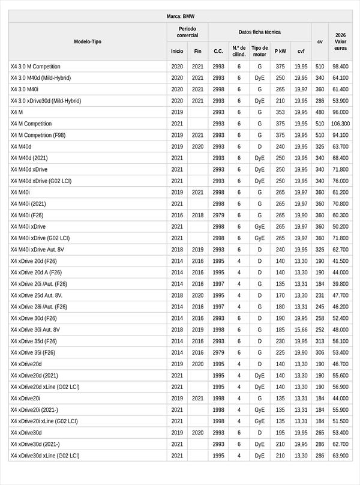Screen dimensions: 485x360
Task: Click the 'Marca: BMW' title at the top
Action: tap(180, 17)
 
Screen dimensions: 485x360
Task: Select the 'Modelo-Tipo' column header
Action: tap(88, 41)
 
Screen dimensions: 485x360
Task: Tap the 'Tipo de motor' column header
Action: tap(259, 51)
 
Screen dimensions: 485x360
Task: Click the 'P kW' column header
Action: tap(280, 51)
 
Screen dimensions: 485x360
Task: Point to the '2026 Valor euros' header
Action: tap(340, 41)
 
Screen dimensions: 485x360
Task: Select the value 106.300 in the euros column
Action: tap(340, 124)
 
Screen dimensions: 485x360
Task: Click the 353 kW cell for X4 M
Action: tap(280, 112)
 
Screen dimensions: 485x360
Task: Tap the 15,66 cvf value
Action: tap(301, 330)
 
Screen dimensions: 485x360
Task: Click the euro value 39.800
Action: tap(340, 284)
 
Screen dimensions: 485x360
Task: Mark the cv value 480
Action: tap(320, 112)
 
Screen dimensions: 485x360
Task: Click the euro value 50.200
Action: tap(340, 227)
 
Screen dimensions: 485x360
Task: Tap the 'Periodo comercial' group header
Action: tap(187, 32)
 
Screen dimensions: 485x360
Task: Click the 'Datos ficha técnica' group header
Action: tap(259, 32)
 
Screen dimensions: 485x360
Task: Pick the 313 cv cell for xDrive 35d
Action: tap(320, 341)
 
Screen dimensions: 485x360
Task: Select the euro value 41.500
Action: tap(340, 261)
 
